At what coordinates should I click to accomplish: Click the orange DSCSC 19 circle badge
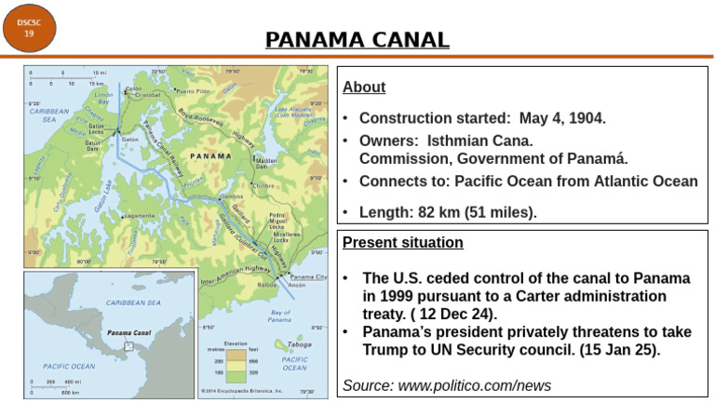coord(29,27)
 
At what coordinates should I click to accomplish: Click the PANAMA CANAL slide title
coord(357,40)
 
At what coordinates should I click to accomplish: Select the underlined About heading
coord(364,88)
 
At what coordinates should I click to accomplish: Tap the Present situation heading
coord(402,243)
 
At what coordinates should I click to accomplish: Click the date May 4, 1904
coord(561,119)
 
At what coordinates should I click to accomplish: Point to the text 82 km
coord(447,212)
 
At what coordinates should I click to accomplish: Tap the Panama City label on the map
coord(308,277)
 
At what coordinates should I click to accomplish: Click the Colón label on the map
coord(133,88)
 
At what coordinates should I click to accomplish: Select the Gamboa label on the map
coord(234,197)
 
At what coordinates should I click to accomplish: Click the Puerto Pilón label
coord(193,92)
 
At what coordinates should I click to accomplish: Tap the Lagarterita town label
coord(139,216)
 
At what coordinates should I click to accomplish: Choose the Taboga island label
coord(300,343)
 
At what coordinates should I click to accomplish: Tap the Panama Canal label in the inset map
coord(128,332)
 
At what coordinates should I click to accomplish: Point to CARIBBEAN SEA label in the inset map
coord(132,302)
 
